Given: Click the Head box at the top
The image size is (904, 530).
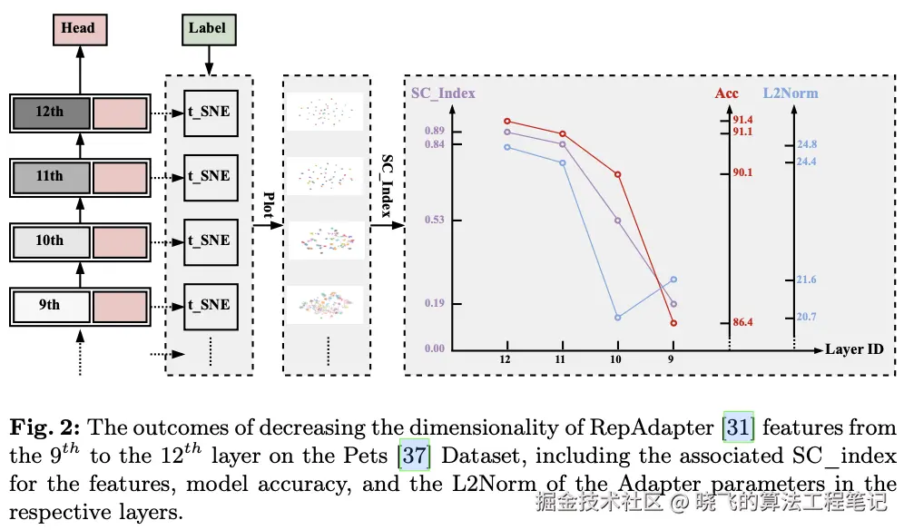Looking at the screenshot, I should (78, 28).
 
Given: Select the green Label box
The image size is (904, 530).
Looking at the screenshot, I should (208, 28).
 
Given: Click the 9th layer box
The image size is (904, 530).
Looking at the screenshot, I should (51, 305).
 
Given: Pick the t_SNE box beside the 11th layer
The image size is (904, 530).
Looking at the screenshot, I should (209, 175).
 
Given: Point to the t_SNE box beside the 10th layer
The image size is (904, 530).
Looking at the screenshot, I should (209, 240).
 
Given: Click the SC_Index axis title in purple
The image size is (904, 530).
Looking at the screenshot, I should (443, 93).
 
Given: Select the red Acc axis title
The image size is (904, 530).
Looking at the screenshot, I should (727, 93).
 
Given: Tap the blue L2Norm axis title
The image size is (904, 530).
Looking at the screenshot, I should (790, 93).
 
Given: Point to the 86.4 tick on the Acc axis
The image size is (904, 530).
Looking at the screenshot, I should (743, 322).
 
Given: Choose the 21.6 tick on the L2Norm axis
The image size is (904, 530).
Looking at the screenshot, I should (806, 280).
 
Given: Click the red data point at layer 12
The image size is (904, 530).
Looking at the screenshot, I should (507, 121).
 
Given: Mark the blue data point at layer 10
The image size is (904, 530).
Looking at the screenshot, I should (618, 318).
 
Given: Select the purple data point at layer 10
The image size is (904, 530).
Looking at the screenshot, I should (618, 221).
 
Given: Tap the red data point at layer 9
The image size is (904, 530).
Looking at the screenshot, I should (673, 322).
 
